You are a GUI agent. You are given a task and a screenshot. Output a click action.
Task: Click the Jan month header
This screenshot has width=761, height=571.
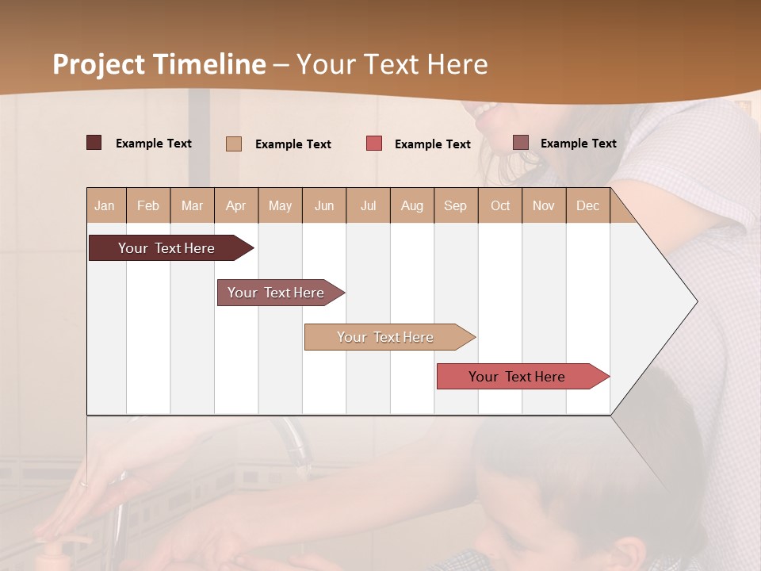point(105,205)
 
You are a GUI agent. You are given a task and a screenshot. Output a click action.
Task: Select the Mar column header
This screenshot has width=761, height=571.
point(192,205)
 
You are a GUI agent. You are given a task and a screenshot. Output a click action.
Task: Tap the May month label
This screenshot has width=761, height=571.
point(280,205)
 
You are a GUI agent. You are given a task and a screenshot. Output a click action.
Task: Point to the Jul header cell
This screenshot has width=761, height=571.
point(368,205)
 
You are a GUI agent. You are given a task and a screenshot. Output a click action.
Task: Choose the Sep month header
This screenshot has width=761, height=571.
point(455,205)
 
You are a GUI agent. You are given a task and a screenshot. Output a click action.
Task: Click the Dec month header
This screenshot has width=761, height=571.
point(587,205)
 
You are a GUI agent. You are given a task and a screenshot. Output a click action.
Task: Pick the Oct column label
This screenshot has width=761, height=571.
point(500,205)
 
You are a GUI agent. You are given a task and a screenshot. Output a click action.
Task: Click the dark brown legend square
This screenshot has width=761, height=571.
point(94,143)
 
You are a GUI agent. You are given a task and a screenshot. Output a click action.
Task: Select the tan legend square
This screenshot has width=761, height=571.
point(234,144)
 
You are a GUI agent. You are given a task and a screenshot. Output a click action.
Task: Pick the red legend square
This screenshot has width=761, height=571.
point(374,144)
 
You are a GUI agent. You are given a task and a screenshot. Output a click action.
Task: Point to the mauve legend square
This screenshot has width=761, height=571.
point(520,143)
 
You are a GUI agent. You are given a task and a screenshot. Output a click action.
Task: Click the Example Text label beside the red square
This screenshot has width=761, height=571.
point(432,144)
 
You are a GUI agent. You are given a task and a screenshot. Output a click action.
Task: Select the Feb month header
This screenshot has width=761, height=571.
point(148,205)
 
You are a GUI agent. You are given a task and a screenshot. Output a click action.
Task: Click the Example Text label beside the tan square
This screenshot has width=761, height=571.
point(293,144)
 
